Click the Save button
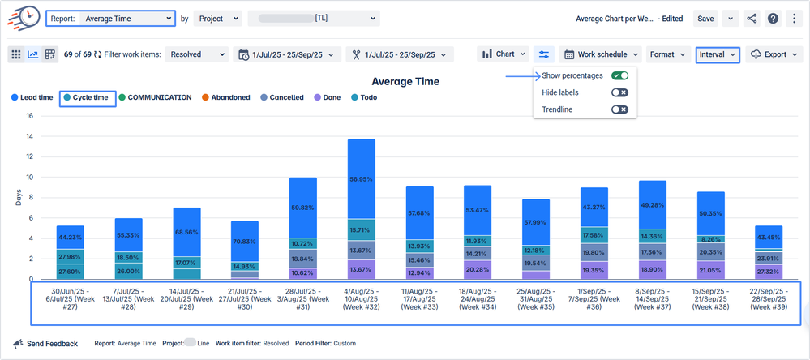click(x=705, y=18)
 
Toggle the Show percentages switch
click(x=619, y=75)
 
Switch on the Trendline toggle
click(x=619, y=109)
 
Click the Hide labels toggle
click(x=619, y=92)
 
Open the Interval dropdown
click(x=718, y=54)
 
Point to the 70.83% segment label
click(x=245, y=242)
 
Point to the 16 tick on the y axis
click(x=29, y=115)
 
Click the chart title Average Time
click(x=405, y=81)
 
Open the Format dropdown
click(x=667, y=54)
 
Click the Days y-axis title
click(x=18, y=198)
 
